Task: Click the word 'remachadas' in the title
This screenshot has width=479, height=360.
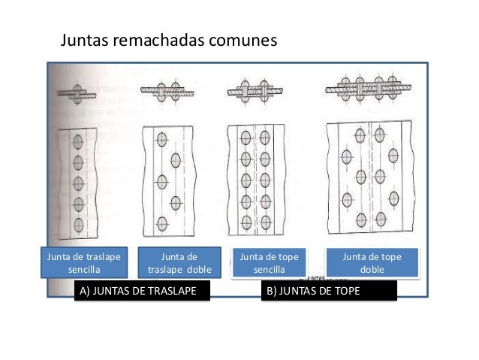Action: tap(162, 39)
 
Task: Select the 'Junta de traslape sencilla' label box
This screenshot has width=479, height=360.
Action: tap(87, 262)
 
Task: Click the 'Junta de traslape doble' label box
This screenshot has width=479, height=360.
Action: tap(179, 262)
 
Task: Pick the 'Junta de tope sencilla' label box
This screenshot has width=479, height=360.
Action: tap(269, 262)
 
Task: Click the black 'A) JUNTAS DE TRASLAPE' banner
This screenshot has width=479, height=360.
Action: tap(140, 292)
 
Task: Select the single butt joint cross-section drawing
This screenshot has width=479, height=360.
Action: tap(255, 92)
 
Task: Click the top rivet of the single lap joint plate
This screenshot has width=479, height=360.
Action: tap(76, 142)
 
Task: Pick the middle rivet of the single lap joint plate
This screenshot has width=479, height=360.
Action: tap(76, 183)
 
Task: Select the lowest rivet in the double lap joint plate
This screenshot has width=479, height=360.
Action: tap(161, 222)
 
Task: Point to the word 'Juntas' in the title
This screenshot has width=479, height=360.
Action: tap(84, 39)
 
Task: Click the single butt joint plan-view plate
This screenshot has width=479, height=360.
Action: tap(255, 180)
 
